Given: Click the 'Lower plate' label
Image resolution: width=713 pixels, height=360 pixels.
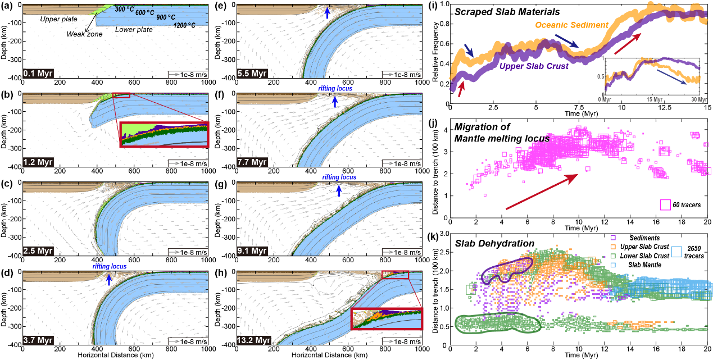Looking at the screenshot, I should [132, 29].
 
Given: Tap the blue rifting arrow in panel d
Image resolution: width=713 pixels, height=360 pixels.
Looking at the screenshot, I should [109, 278].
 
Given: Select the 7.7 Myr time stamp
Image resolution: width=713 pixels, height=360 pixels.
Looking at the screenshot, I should [252, 162].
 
